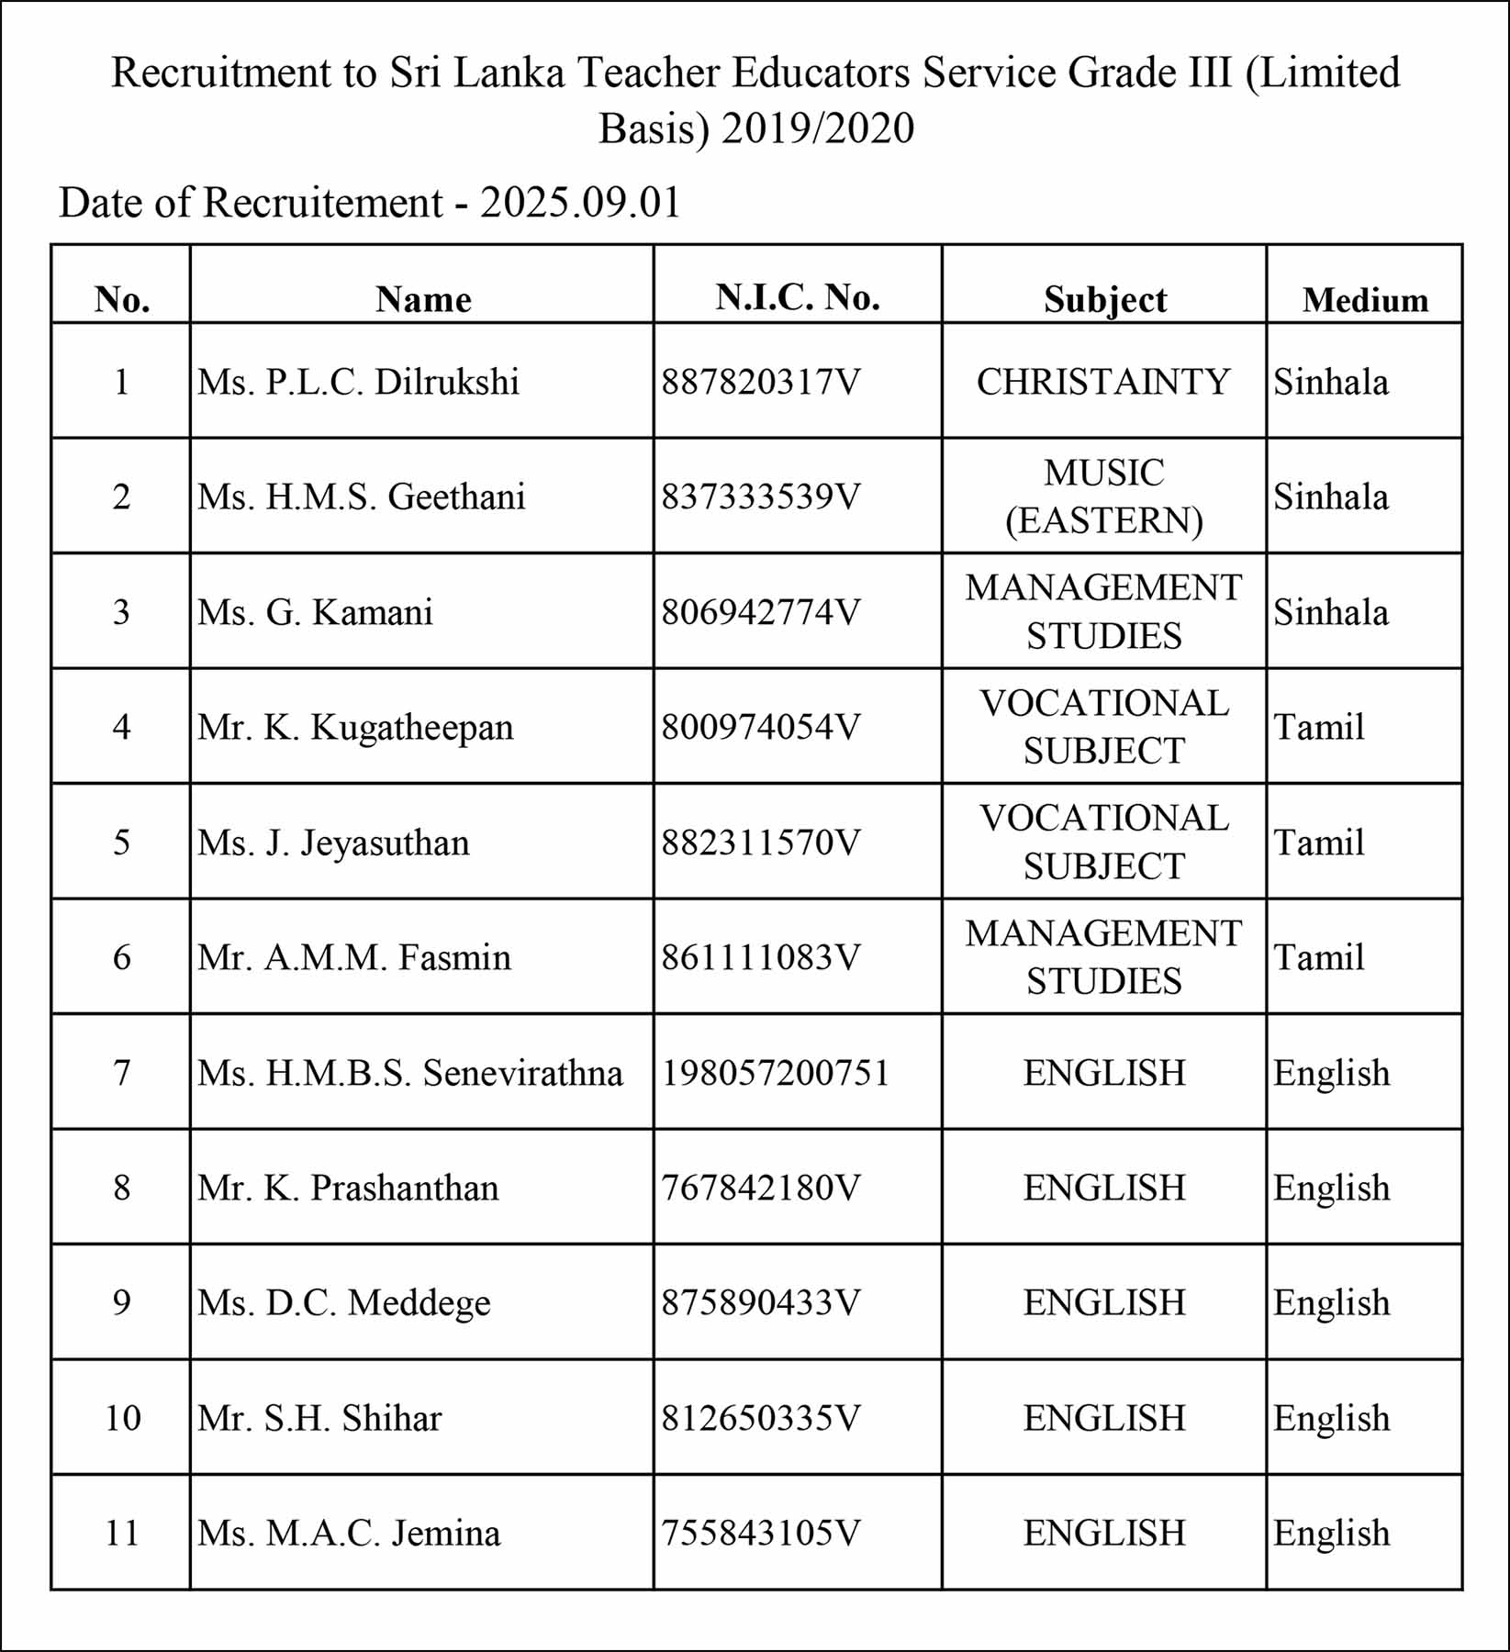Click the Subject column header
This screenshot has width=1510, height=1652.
(1104, 300)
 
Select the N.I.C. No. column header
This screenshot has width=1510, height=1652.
(798, 297)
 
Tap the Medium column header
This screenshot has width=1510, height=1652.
(1365, 300)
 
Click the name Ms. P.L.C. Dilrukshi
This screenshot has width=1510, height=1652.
(358, 382)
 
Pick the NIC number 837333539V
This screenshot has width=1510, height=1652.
(761, 497)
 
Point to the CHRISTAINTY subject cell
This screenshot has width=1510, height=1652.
(1103, 382)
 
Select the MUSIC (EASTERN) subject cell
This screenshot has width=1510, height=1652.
(1103, 497)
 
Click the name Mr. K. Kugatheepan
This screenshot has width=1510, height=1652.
(355, 727)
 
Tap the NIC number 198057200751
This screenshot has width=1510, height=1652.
(776, 1073)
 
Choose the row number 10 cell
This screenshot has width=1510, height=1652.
(122, 1418)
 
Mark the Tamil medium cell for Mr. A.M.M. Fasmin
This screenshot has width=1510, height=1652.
(1318, 957)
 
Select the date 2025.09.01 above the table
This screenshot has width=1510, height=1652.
(580, 203)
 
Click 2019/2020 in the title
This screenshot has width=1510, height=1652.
(817, 128)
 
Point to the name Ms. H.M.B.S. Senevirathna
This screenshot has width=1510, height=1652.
(409, 1073)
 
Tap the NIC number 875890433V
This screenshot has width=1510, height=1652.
(761, 1302)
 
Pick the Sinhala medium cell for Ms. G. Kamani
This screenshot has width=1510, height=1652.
(1330, 612)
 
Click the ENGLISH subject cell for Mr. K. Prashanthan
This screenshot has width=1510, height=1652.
(1104, 1188)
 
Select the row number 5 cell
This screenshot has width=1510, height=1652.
(122, 843)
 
